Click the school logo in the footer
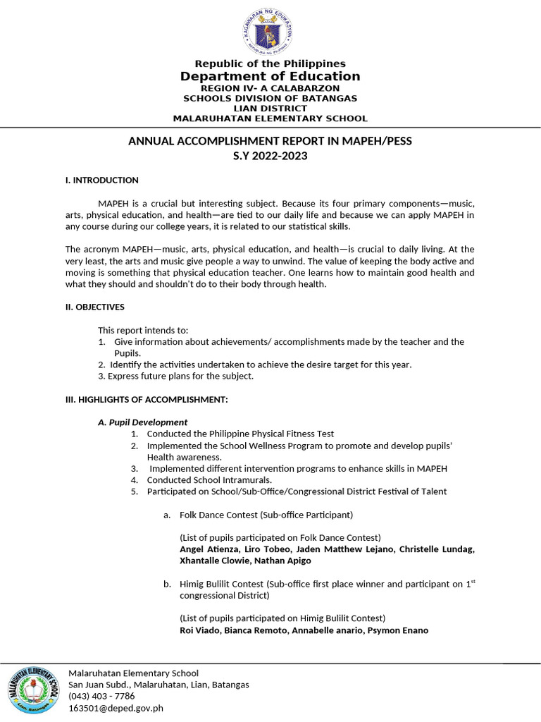pos(33,690)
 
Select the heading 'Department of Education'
pos(270,76)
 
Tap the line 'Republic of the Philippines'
pos(270,63)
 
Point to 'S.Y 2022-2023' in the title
pos(270,156)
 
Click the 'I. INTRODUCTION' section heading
pos(102,180)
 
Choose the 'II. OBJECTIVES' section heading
pos(95,307)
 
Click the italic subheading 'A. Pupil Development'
pos(142,422)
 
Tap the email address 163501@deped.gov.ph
pos(116,708)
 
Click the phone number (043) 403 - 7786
pos(101,696)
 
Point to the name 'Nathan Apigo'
pos(282,561)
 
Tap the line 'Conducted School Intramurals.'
pos(209,480)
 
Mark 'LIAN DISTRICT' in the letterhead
pos(270,109)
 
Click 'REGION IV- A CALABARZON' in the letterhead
pos(270,88)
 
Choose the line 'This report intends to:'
pos(144,330)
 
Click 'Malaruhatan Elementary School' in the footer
pos(133,673)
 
